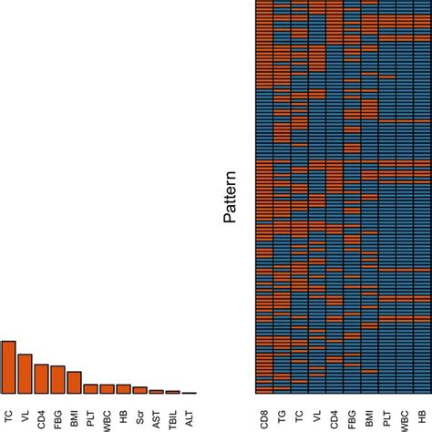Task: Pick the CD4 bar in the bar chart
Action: click(41, 379)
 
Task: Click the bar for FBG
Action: click(57, 380)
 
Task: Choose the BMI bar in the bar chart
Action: click(74, 383)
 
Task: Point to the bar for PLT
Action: click(90, 389)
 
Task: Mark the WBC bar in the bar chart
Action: click(107, 389)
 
